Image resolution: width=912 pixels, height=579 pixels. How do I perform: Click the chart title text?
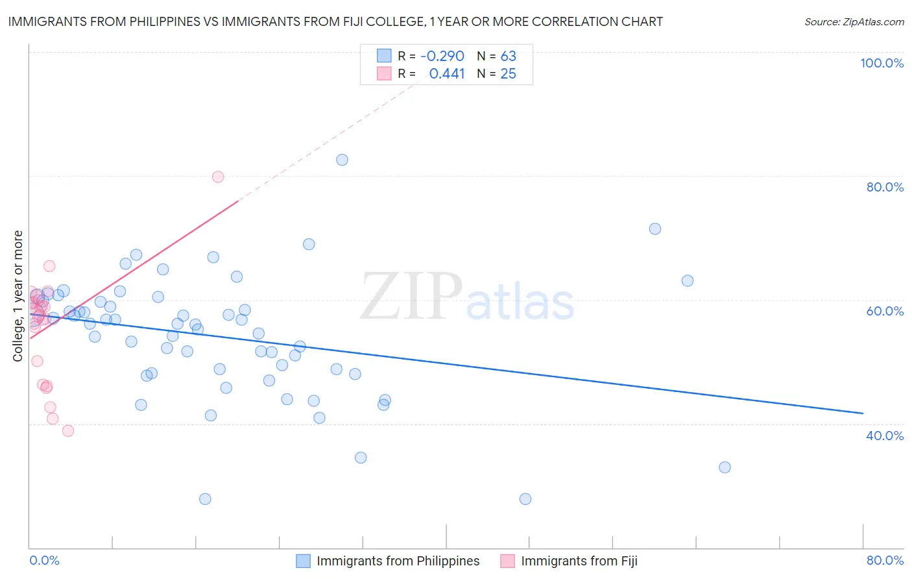[335, 22]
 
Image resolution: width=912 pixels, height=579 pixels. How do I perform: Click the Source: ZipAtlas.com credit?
[854, 22]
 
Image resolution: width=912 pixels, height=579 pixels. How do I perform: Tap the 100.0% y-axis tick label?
[882, 63]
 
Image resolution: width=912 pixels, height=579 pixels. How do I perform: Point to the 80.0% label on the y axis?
[885, 187]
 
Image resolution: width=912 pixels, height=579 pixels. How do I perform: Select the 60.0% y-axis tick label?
[885, 311]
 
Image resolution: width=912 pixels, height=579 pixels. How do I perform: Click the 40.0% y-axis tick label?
[885, 436]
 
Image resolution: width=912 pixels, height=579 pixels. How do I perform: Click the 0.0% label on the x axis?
[44, 561]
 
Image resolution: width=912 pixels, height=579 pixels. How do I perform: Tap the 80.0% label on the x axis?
[885, 561]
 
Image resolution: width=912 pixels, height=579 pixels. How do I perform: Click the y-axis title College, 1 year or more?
[18, 296]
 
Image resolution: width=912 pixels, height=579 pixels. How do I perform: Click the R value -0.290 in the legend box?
[442, 56]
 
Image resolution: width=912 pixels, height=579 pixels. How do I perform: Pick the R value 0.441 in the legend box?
[447, 74]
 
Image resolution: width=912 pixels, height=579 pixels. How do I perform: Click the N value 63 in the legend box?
[508, 56]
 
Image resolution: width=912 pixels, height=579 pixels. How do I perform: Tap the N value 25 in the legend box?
[508, 74]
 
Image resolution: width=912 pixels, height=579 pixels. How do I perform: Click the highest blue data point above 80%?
[342, 160]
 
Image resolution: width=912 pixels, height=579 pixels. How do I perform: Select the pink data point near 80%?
[218, 177]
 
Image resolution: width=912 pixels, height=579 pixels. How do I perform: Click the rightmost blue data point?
[725, 467]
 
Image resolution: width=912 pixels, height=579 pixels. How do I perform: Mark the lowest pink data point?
[67, 430]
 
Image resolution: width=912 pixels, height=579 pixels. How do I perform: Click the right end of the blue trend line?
[863, 413]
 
